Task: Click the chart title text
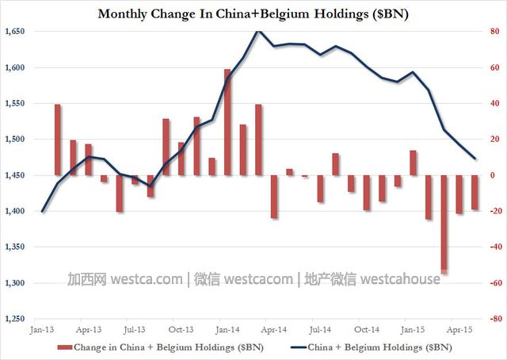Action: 253,13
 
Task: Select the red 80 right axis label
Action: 492,32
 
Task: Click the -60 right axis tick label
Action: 492,283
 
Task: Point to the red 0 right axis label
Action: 494,175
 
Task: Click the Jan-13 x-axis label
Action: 42,328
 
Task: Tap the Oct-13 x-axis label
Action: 181,328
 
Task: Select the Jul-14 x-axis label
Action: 319,328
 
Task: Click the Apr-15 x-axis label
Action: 458,328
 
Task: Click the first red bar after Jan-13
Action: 58,140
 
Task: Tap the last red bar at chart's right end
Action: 475,192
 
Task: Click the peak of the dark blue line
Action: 258,31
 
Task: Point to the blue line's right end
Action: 475,159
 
